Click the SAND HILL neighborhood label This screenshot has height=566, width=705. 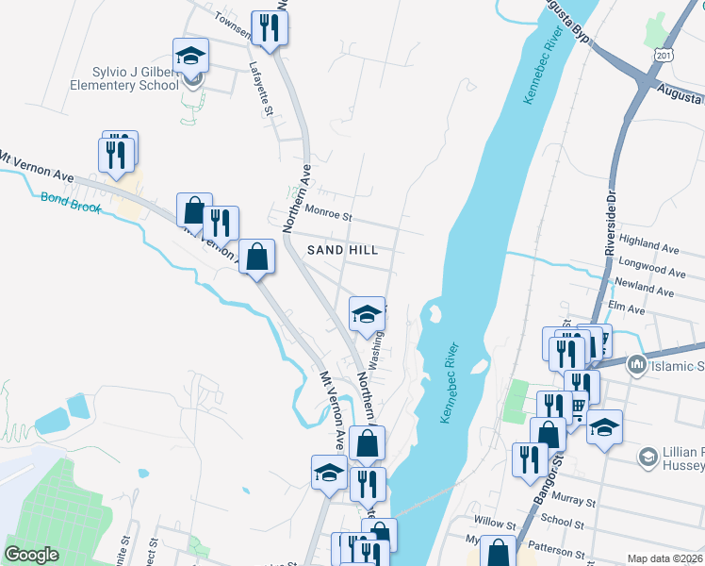pos(343,250)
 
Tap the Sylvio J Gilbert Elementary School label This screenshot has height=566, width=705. pos(123,78)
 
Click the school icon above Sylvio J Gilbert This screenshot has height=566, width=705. pos(190,56)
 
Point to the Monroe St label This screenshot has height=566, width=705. pos(327,215)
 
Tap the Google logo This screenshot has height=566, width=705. pos(32,555)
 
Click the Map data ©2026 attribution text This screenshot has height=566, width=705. pos(664,558)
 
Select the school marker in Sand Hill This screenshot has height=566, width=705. pos(368,314)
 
